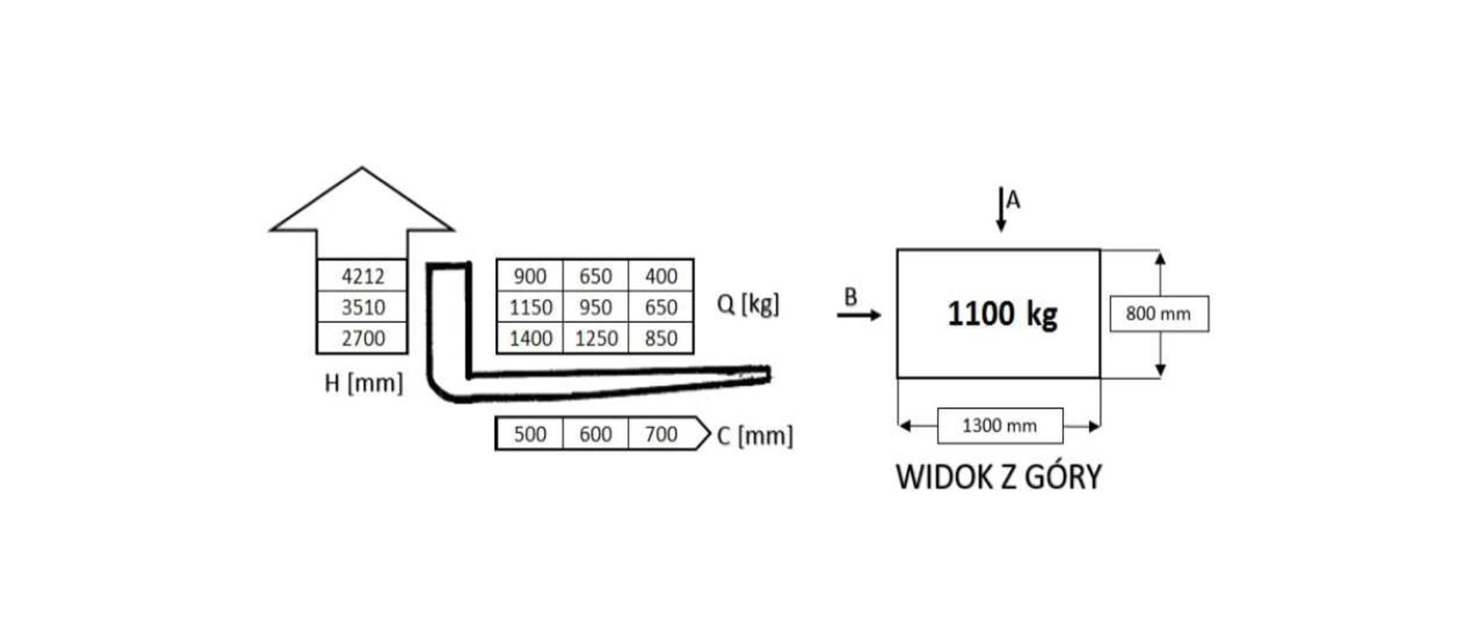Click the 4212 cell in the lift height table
(362, 276)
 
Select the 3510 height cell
(362, 306)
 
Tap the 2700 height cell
(362, 338)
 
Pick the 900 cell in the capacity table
(530, 276)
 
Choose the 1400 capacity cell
(530, 338)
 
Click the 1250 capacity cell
(596, 338)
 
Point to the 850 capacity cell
(661, 338)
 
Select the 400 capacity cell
(661, 276)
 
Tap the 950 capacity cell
(596, 306)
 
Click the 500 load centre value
(530, 434)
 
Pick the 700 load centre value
(661, 434)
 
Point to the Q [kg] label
(748, 304)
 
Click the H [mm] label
(364, 383)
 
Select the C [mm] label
(755, 436)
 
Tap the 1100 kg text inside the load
(1002, 314)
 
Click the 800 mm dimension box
(1159, 313)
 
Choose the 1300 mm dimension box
(1000, 425)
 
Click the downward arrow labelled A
(1001, 209)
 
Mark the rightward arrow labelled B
(859, 314)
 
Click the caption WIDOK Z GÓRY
(999, 476)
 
